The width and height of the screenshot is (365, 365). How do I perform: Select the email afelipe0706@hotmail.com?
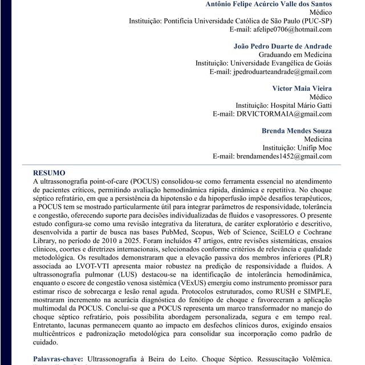pos(281,29)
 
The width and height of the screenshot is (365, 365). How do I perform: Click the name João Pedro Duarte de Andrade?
pos(283,46)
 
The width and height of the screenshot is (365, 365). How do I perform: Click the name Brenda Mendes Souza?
pos(297,131)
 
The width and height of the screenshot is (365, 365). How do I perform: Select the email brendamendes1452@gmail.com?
pos(273,156)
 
